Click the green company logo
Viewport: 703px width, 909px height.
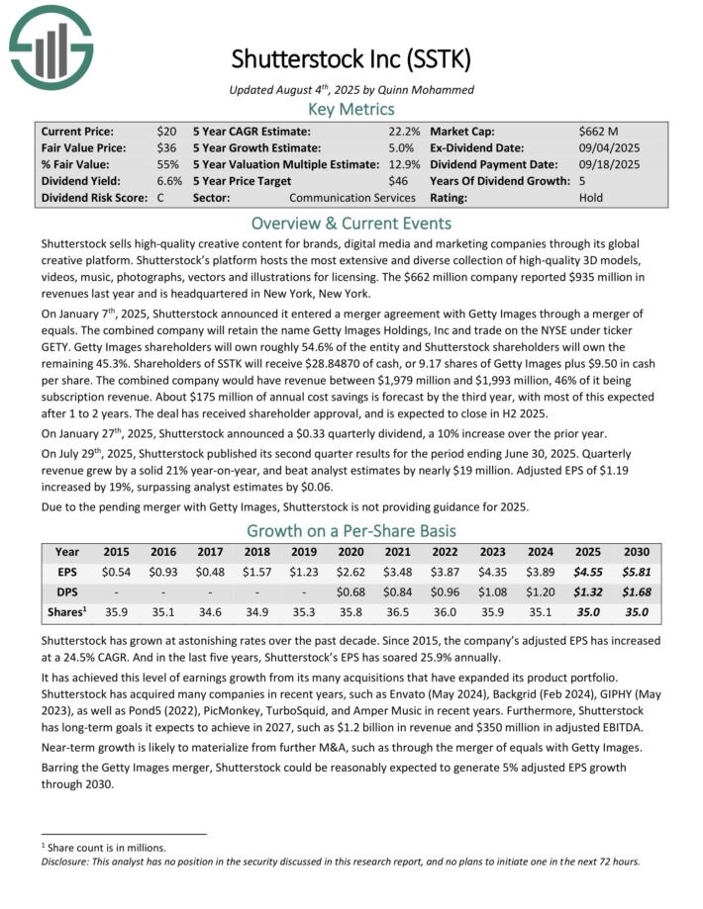click(x=50, y=45)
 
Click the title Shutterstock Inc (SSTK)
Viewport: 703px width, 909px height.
click(x=351, y=59)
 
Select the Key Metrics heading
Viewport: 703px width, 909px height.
click(x=351, y=109)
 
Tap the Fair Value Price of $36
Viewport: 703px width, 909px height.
click(x=166, y=147)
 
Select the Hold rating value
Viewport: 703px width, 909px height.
click(x=590, y=198)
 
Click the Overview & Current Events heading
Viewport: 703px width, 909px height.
click(x=351, y=223)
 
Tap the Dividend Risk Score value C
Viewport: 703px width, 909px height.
click(x=160, y=198)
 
